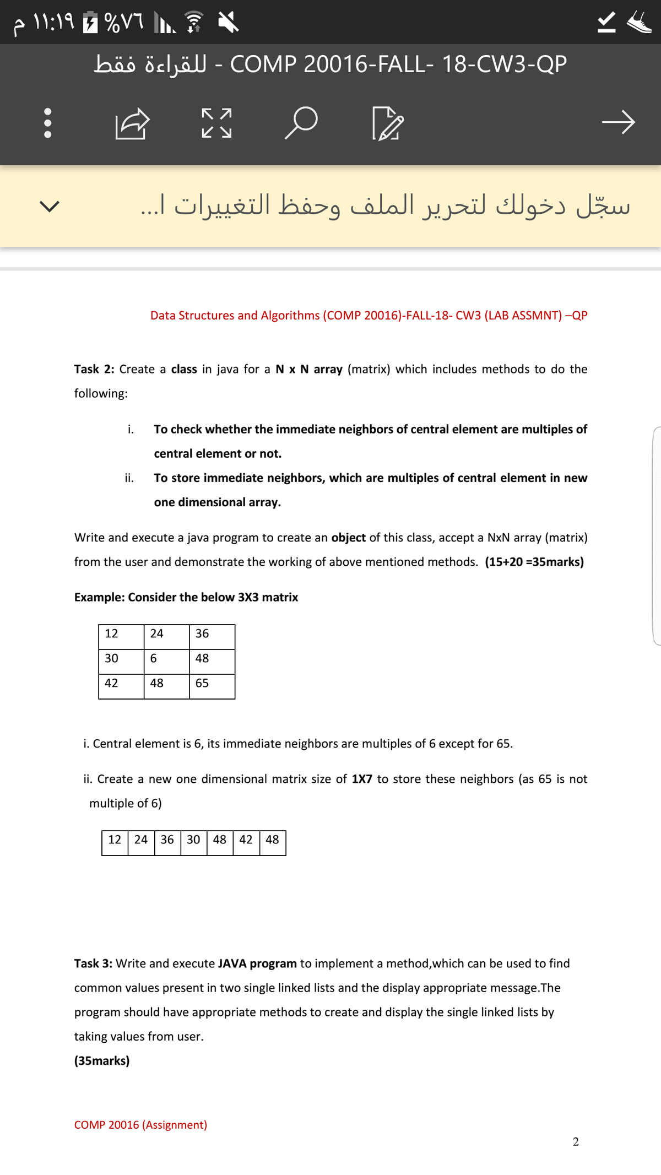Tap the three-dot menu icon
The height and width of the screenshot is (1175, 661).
click(48, 122)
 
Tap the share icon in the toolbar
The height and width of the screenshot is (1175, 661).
click(132, 123)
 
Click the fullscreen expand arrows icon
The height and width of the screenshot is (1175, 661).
click(216, 123)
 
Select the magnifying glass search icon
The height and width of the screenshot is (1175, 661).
click(301, 122)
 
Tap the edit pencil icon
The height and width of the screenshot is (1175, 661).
click(388, 123)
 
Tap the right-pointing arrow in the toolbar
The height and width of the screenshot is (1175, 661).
click(618, 122)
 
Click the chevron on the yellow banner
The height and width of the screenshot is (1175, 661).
click(50, 206)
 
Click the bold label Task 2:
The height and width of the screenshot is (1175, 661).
click(94, 369)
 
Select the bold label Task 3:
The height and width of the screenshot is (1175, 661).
click(93, 963)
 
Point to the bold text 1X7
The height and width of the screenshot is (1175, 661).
click(362, 779)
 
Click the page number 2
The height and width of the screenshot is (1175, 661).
click(576, 1142)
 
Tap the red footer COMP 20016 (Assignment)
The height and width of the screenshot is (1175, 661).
click(140, 1125)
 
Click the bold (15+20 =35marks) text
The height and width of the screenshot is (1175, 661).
click(534, 562)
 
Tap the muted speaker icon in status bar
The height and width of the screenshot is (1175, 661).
click(228, 23)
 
